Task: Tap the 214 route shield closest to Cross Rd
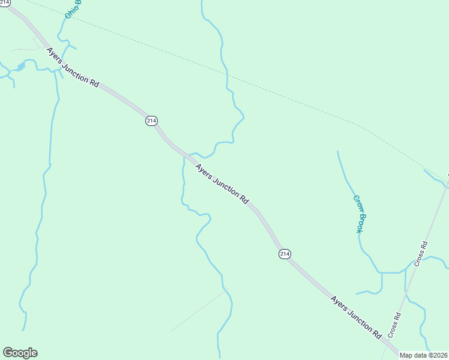tap(285, 254)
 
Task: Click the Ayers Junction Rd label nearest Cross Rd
tap(356, 316)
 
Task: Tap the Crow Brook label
tap(359, 214)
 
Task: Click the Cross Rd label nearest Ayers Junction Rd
tap(394, 325)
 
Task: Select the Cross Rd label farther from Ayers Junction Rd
tap(421, 253)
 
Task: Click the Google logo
tap(20, 353)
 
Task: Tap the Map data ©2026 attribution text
tap(424, 355)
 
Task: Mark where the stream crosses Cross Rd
tap(406, 295)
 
